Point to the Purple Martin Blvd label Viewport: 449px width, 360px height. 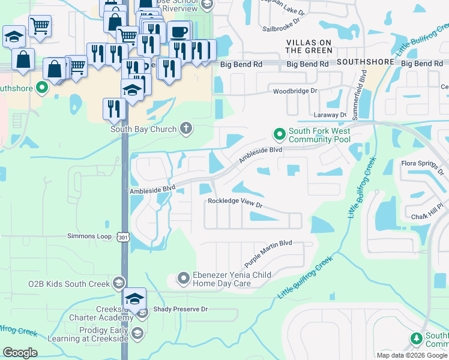(268, 254)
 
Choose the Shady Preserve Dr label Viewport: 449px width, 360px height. (180, 309)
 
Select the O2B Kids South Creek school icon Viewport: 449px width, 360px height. (119, 283)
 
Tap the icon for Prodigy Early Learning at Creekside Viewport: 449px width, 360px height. (137, 334)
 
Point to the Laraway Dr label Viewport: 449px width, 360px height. (330, 115)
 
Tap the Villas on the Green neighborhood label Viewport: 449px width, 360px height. (309, 47)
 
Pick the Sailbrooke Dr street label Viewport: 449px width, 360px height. (284, 28)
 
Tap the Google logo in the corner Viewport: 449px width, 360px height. (20, 353)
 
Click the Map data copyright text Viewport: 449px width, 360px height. (412, 355)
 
